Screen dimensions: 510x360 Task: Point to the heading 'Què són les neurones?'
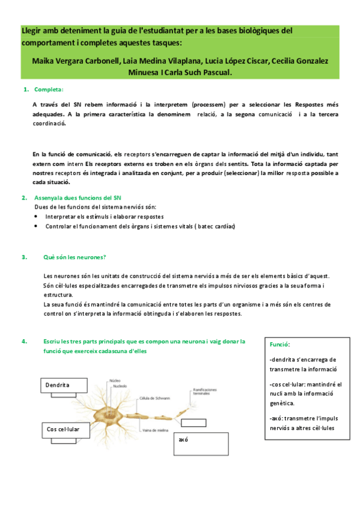click(75, 257)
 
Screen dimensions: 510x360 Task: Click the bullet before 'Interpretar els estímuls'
click(37, 217)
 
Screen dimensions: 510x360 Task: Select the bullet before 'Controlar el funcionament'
click(37, 226)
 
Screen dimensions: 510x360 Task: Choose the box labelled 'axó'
click(201, 443)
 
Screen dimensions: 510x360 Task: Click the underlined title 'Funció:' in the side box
click(280, 345)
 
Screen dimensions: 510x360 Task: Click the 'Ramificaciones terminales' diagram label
click(205, 391)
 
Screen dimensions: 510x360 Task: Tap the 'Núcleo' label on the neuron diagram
click(115, 381)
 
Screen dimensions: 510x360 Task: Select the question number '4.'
click(25, 341)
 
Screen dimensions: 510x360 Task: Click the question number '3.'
click(25, 257)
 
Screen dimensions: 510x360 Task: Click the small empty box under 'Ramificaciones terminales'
click(195, 421)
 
